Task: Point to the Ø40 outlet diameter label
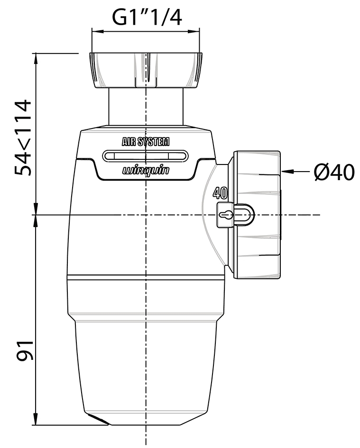tap(334, 173)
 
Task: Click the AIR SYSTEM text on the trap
tap(146, 142)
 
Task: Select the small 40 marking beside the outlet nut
tap(219, 193)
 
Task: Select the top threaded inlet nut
tap(146, 70)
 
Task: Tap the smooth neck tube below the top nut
tap(146, 107)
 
